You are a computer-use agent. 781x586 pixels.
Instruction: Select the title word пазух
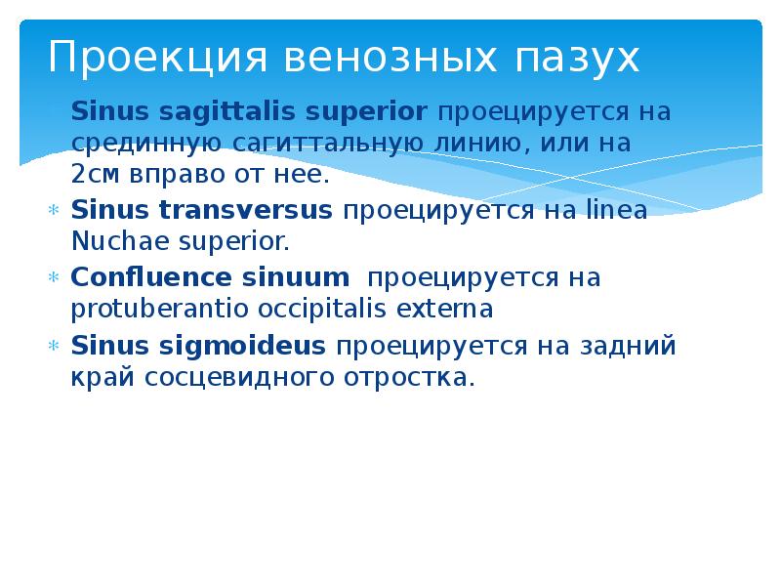point(577,58)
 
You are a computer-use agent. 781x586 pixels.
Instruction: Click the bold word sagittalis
point(199,112)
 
